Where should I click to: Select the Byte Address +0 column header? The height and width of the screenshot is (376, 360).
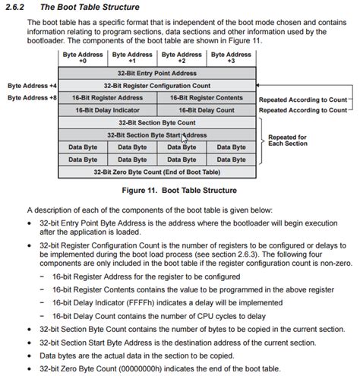(83, 58)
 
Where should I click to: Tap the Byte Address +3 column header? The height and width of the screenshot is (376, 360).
(231, 58)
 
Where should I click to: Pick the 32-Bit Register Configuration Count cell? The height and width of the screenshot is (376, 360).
(156, 86)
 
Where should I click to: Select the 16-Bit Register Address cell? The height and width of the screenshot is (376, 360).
(108, 98)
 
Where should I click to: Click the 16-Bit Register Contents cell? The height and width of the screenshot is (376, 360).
(205, 98)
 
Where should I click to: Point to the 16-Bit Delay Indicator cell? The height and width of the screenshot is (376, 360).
(108, 109)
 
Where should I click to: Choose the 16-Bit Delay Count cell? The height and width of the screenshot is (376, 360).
(205, 109)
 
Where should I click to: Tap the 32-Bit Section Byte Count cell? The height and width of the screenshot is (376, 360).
(156, 122)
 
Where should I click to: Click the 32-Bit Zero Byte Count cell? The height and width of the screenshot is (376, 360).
(156, 172)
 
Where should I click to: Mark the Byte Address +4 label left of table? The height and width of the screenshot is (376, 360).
(31, 86)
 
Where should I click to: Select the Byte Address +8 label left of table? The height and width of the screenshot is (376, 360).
(31, 98)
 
